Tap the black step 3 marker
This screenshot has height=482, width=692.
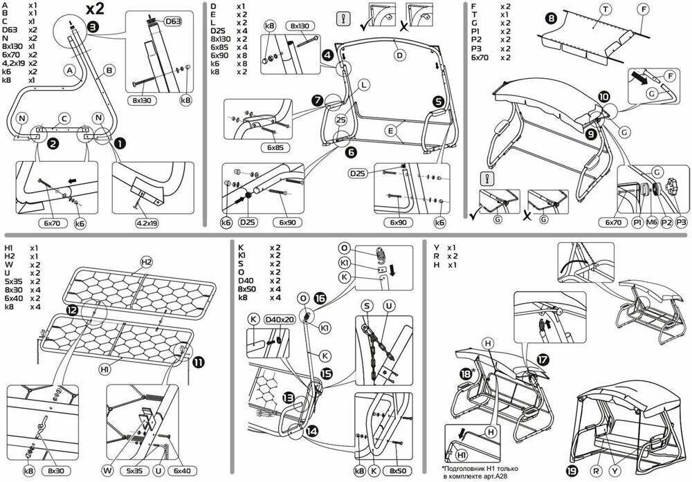pyautogui.click(x=93, y=28)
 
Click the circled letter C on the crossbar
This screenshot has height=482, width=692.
pyautogui.click(x=63, y=117)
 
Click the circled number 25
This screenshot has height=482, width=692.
pyautogui.click(x=340, y=120)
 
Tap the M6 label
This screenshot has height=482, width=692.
pyautogui.click(x=651, y=223)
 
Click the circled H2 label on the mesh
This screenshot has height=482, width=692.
pyautogui.click(x=146, y=262)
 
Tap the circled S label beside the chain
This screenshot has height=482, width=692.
pyautogui.click(x=367, y=304)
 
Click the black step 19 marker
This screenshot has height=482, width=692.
pyautogui.click(x=571, y=470)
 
